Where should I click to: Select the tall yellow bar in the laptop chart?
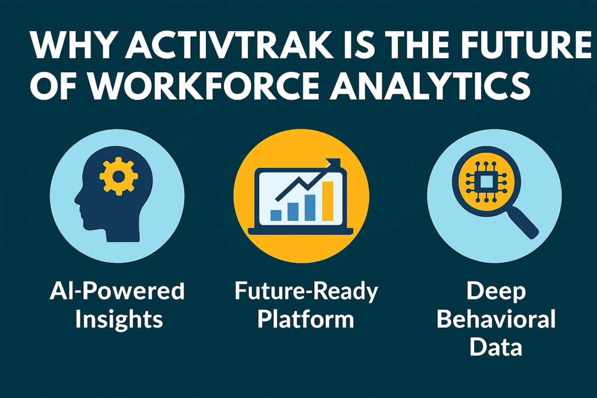tap(328, 201)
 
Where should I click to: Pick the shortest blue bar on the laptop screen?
tap(276, 215)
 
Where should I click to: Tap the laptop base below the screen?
tap(300, 231)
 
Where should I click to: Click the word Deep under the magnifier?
tap(496, 290)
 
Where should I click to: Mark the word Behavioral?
tap(496, 319)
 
